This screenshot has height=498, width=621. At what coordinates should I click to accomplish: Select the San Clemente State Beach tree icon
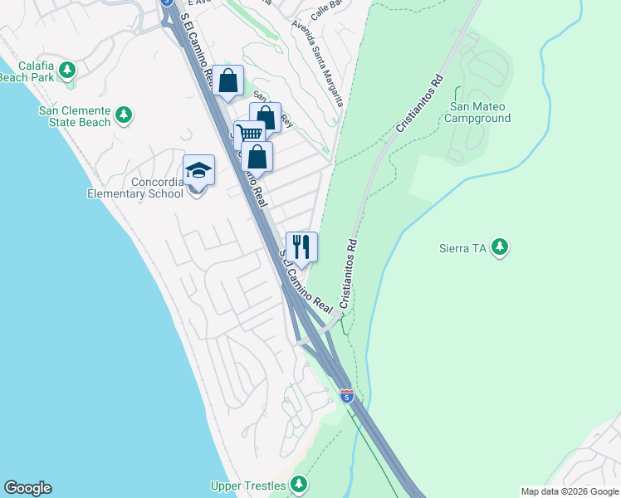(x=124, y=115)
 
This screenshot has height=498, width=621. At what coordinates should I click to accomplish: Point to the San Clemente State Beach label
(x=74, y=116)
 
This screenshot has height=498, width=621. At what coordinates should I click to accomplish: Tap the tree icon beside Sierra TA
(x=499, y=247)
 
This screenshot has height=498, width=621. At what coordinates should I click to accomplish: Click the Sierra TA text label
(x=462, y=247)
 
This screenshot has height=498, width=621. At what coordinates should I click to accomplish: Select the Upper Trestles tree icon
(x=299, y=485)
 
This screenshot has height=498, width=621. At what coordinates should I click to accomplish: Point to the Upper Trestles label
(x=249, y=485)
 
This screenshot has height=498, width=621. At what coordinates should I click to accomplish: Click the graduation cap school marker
(x=198, y=171)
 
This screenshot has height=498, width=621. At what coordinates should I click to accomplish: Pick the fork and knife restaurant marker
(x=301, y=247)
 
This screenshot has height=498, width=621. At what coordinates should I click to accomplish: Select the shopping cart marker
(x=249, y=134)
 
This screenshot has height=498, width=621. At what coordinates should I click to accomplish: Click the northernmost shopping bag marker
(x=227, y=81)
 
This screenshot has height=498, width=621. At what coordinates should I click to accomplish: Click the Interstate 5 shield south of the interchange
(x=346, y=396)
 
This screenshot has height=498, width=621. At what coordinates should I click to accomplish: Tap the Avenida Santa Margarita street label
(x=317, y=63)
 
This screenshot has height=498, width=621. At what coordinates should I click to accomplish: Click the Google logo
(x=27, y=488)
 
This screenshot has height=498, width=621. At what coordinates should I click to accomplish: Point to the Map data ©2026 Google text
(x=570, y=491)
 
